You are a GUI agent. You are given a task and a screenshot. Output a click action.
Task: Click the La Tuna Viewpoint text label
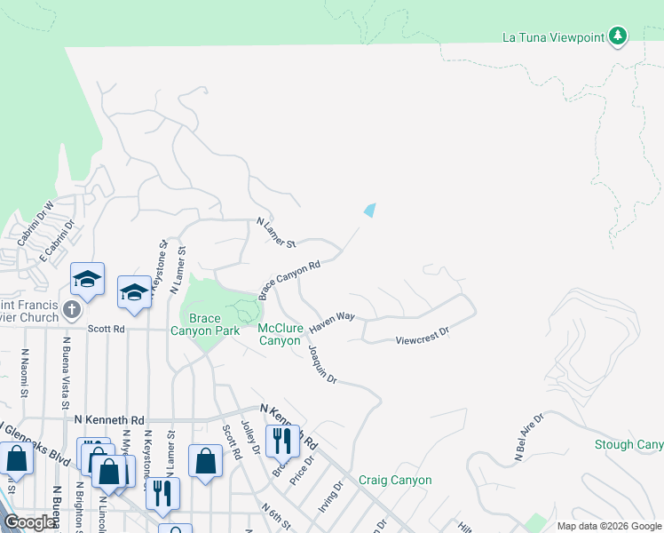point(553,36)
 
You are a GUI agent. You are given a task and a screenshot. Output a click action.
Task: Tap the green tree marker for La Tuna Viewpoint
point(618,36)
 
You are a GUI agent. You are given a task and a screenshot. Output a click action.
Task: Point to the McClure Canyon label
point(280,334)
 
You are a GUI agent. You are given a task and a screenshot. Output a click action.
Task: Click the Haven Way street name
point(332,322)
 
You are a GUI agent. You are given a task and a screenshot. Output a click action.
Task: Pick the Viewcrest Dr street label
point(423,339)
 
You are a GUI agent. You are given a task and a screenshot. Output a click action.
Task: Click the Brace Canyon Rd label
point(289,280)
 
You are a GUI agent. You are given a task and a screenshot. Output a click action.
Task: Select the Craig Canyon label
point(395,481)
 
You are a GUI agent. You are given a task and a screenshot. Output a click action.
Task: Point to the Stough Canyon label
point(629,444)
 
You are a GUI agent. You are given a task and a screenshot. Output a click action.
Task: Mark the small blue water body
point(369,211)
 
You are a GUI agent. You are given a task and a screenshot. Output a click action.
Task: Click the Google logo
point(29,522)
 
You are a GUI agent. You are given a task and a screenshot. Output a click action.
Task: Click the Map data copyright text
point(608,526)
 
